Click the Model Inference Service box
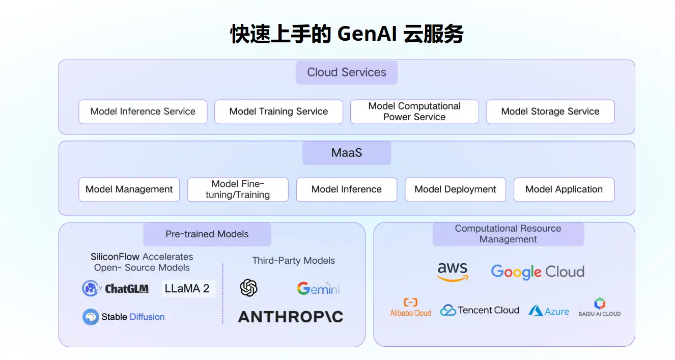(143, 112)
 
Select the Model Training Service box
(278, 112)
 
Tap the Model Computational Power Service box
(414, 112)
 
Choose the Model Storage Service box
(550, 112)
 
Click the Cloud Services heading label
(347, 72)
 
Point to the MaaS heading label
(347, 153)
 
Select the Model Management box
(129, 189)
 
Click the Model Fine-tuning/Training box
(238, 189)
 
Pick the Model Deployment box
(455, 189)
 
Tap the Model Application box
(564, 189)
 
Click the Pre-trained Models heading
(207, 234)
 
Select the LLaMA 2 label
(187, 289)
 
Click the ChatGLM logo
(116, 289)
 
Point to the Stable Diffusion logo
(124, 317)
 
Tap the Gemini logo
(318, 289)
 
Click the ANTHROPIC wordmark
(290, 317)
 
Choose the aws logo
(452, 271)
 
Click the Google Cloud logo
(538, 271)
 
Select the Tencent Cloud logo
(480, 310)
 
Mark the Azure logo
(549, 311)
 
